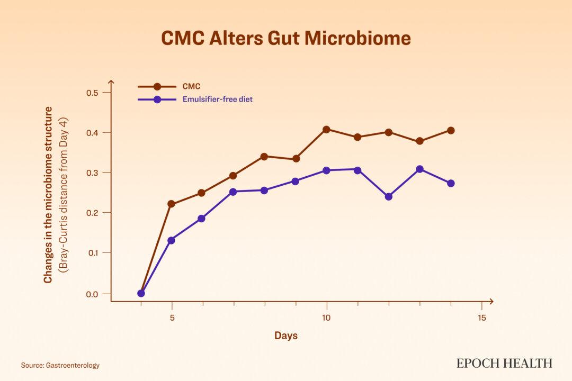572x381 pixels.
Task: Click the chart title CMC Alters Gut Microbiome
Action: [x=285, y=39]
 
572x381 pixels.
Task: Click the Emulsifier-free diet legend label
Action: [x=214, y=99]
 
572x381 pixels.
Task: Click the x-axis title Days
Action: [x=285, y=335]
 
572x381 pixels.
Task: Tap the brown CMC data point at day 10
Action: [x=326, y=130]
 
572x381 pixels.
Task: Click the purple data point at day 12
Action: [x=389, y=196]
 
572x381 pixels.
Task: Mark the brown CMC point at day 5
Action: [x=171, y=204]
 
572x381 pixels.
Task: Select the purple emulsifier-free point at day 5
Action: [x=171, y=240]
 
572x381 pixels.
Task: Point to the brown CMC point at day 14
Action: [x=451, y=130]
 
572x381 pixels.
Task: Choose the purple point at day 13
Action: [x=419, y=169]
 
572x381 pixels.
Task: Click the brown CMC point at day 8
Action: [x=264, y=156]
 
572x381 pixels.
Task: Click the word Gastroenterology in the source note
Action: [x=71, y=365]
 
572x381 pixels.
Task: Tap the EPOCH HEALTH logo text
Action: [x=504, y=363]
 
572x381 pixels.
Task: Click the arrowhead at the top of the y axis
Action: [x=111, y=82]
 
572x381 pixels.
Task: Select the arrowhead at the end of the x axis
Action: [x=491, y=302]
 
